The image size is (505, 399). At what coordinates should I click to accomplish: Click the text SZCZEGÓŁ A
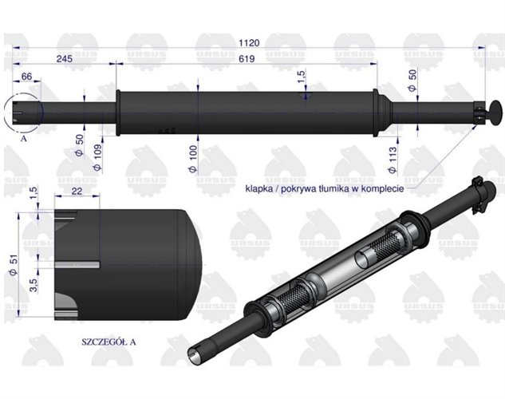(109, 342)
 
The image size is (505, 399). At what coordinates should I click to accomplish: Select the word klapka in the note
(259, 189)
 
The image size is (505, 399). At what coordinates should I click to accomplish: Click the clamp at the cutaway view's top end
(478, 187)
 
